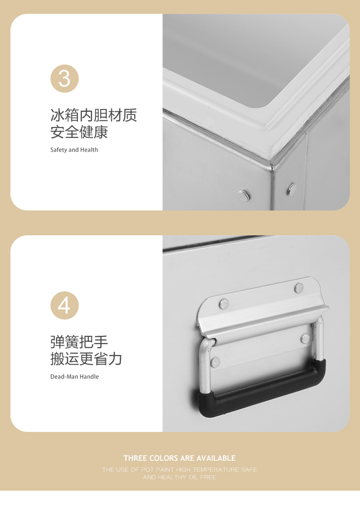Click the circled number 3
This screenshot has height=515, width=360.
[64, 78]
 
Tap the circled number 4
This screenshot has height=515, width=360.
[64, 305]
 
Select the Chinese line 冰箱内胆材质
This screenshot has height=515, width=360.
[94, 115]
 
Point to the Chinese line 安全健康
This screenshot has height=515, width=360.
[79, 132]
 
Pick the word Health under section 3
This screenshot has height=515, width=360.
[89, 150]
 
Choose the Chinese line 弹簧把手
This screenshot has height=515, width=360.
[79, 342]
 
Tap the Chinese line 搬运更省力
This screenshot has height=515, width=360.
[86, 359]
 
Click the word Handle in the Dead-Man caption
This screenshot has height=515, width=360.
[89, 376]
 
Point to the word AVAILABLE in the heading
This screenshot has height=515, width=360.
[215, 458]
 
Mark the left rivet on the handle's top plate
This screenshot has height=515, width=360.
[224, 304]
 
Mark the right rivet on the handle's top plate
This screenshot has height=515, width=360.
[299, 288]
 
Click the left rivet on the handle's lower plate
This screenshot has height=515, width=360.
[216, 361]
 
